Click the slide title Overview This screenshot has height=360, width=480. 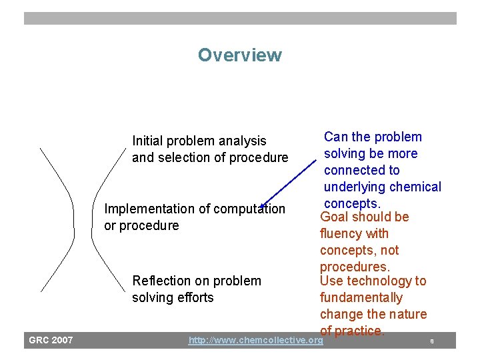[239, 55]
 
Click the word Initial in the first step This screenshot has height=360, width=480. [147, 141]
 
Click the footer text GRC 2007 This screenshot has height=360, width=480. [51, 341]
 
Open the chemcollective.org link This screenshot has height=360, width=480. [255, 341]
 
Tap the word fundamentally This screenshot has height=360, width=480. [361, 297]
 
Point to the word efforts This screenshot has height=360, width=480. [196, 297]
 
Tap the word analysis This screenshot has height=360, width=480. [244, 141]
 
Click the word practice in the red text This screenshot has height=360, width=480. [359, 331]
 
